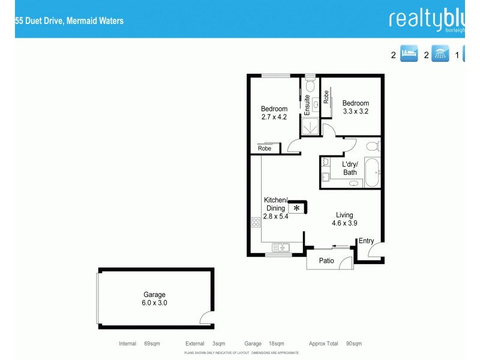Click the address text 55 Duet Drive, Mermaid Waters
(x=70, y=20)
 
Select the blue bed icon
(x=409, y=55)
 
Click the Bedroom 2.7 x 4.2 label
(x=274, y=113)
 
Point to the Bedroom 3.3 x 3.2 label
(x=355, y=107)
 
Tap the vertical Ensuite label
(x=307, y=105)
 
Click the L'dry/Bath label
(x=350, y=169)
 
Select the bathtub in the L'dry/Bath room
(x=372, y=173)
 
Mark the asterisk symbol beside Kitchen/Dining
(x=296, y=208)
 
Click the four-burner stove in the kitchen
(x=255, y=223)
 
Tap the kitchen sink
(x=280, y=247)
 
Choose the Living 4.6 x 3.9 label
(x=344, y=219)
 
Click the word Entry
(x=366, y=241)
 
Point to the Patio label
(x=326, y=261)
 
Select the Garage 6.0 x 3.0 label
(x=154, y=299)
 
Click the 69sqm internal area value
(x=152, y=344)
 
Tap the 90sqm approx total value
(x=353, y=344)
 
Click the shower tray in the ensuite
(x=310, y=126)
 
